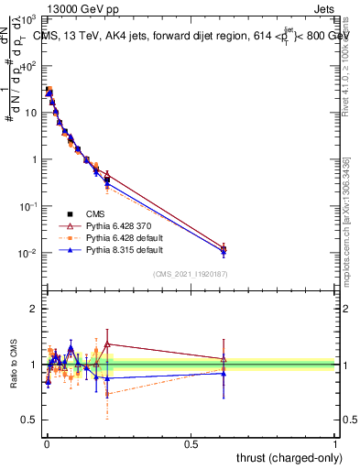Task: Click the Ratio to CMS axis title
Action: point(15,365)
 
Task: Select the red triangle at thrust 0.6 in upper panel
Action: point(224,247)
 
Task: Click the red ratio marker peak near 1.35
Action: point(108,344)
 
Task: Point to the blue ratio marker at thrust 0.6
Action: point(224,373)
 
